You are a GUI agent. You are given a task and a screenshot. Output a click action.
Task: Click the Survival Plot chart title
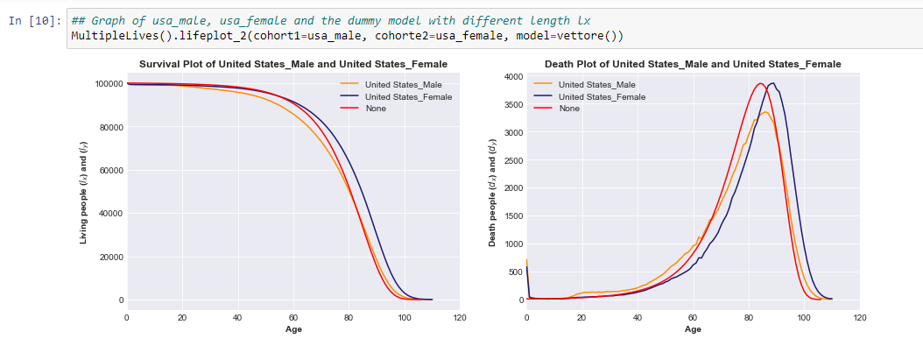(293, 64)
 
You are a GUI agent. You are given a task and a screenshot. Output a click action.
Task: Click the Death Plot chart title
(693, 64)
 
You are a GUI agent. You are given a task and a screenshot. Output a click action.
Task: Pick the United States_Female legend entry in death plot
(602, 96)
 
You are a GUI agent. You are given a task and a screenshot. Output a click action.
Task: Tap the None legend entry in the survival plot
(375, 109)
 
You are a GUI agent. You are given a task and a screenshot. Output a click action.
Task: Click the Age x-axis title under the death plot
(693, 330)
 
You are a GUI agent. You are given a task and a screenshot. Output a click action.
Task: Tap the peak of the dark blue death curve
(773, 83)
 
